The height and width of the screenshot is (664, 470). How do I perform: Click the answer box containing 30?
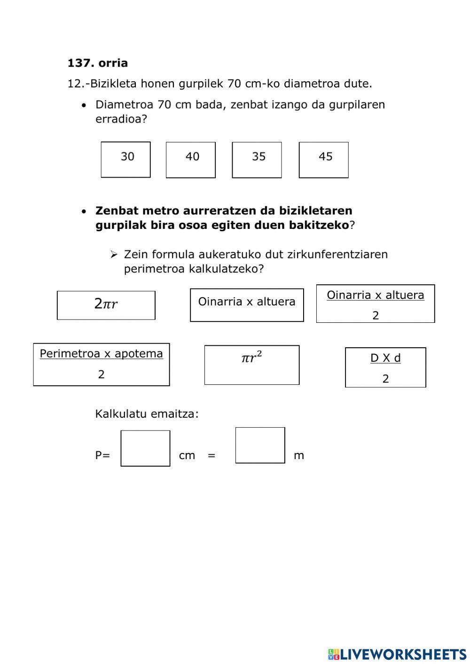125,160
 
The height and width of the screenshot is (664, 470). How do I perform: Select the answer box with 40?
190,160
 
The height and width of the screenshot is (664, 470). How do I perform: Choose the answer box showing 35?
257,160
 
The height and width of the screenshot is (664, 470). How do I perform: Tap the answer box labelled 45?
323,160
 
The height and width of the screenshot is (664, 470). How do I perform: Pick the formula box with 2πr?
106,305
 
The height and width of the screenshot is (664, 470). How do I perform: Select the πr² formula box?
251,365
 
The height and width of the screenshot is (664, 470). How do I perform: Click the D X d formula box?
385,367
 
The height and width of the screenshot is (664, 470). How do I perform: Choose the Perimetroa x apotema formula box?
101,364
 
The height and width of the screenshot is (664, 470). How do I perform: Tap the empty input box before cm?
145,448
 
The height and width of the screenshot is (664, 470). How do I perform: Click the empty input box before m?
260,445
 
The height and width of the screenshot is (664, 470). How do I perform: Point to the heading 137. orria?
98,63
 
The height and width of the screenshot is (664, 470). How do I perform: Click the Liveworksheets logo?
397,654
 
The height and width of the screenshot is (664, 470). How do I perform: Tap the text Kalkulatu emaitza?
147,414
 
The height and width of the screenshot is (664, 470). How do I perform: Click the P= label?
102,455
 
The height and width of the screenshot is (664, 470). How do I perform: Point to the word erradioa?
121,119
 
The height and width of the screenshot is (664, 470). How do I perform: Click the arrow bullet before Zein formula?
114,255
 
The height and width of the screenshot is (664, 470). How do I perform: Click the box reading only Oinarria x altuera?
247,305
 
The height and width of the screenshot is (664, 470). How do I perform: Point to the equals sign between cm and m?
211,455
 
